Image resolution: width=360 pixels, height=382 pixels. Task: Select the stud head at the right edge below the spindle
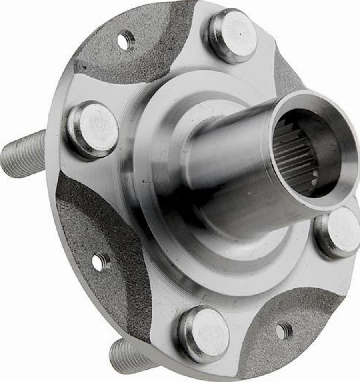(x=339, y=232)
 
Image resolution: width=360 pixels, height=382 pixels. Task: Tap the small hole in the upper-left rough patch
(x=126, y=40)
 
